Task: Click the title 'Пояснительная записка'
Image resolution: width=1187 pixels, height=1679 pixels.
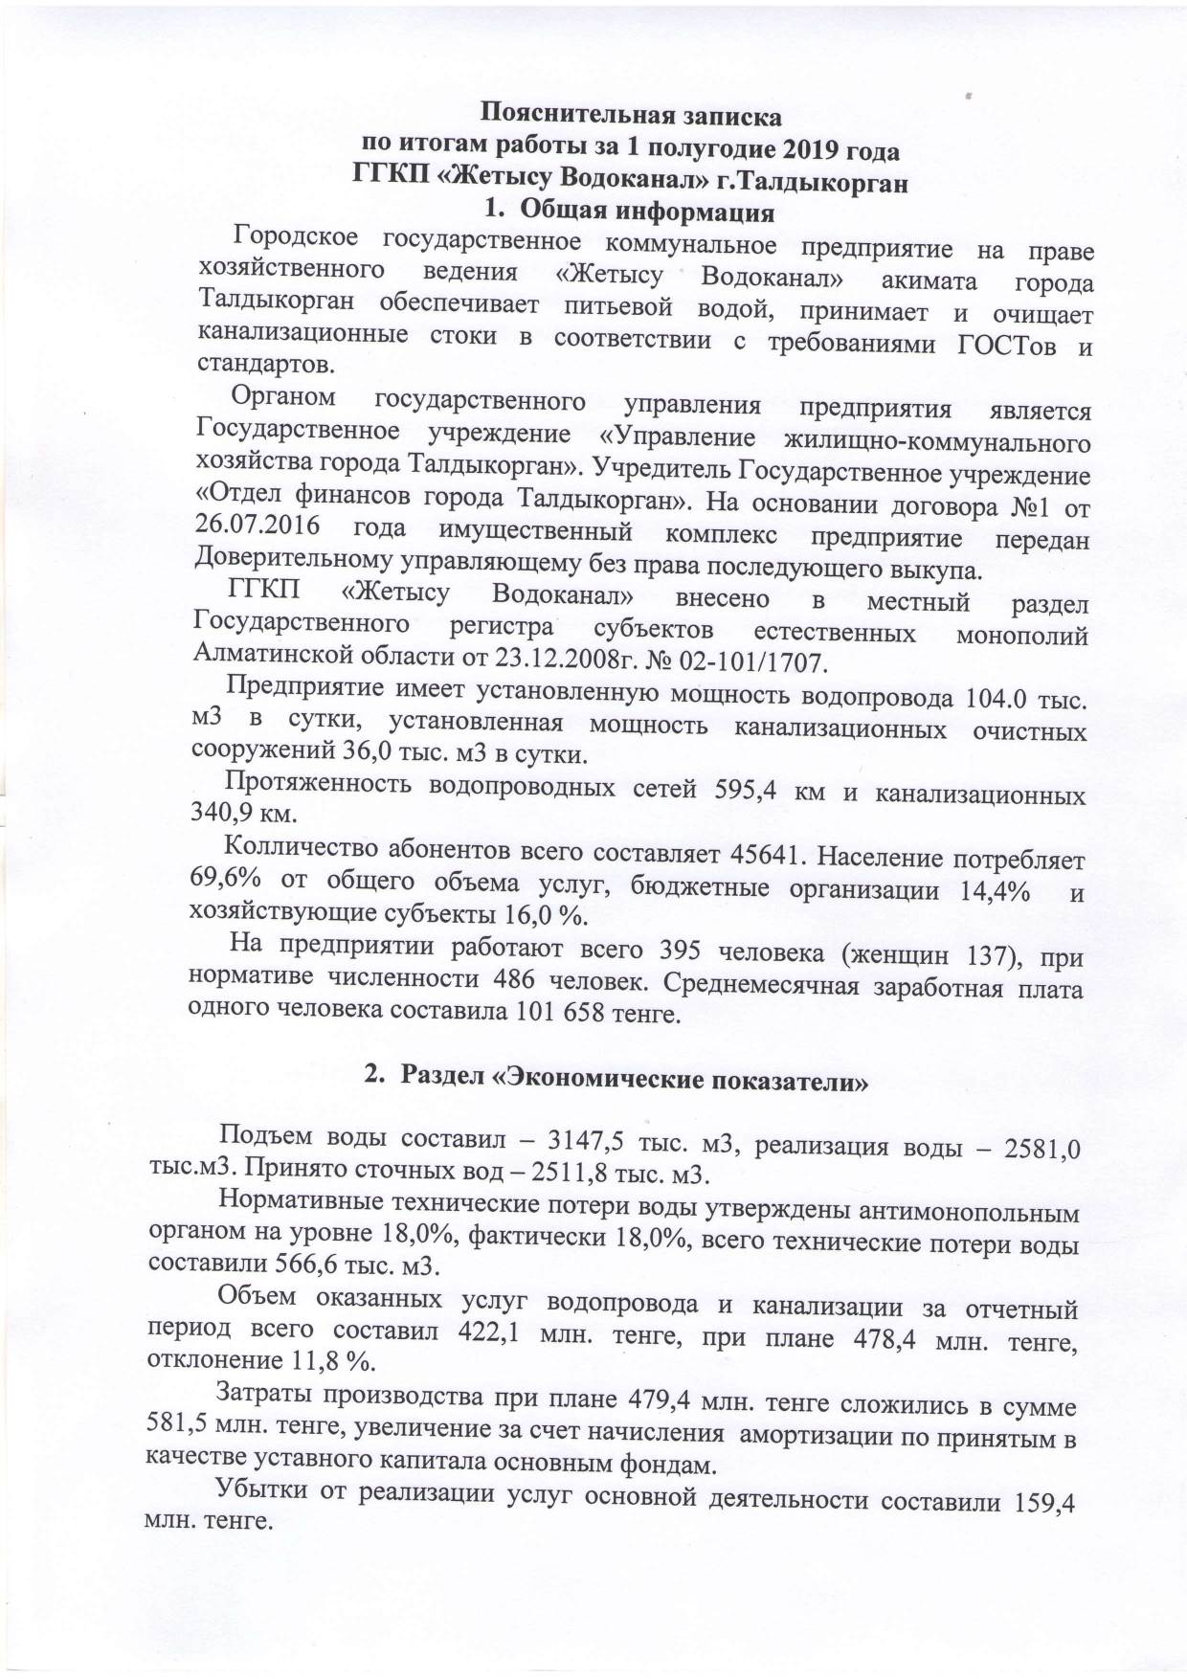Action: point(630,117)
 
